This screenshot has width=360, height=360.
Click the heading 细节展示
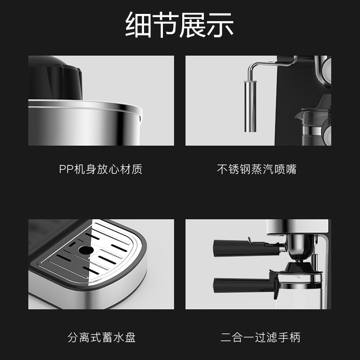[x=180, y=26]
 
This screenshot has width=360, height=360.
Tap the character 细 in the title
[x=138, y=26]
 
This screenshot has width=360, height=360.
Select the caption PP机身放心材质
[x=101, y=170]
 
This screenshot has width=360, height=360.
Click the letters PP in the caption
[x=66, y=170]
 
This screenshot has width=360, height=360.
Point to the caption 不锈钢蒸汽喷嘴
[x=257, y=170]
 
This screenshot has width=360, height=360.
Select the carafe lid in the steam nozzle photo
[x=310, y=112]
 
